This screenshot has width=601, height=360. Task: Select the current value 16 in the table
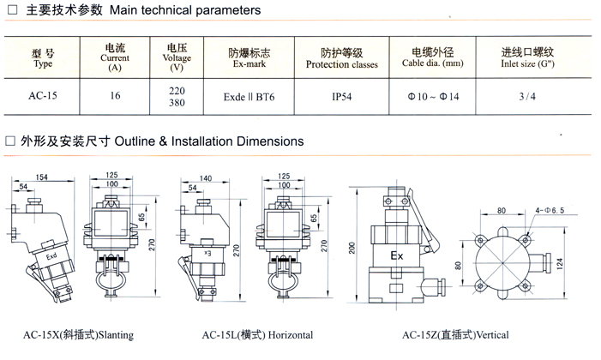click(x=115, y=97)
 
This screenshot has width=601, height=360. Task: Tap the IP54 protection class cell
click(x=341, y=97)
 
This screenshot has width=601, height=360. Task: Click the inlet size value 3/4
click(x=528, y=97)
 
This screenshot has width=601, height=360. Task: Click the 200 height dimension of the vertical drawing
click(x=352, y=248)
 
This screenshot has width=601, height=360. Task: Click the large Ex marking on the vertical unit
click(x=397, y=256)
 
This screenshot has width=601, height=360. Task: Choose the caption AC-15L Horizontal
click(x=257, y=334)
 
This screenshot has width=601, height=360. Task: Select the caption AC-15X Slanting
click(x=78, y=334)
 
